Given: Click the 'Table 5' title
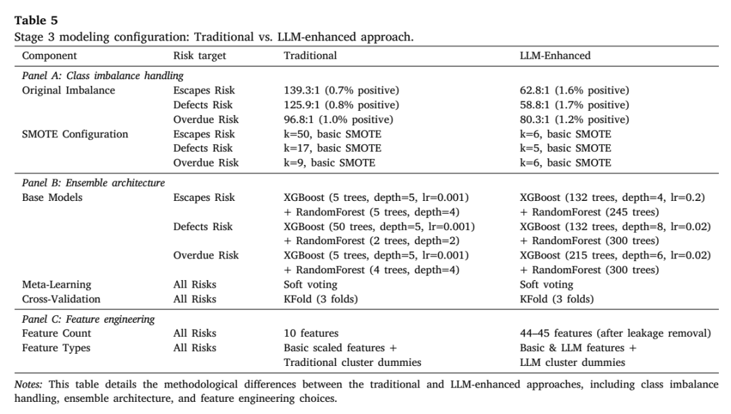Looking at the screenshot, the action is [x=36, y=20].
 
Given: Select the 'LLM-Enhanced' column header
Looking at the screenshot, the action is [x=555, y=55].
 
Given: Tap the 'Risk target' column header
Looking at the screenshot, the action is [x=200, y=56].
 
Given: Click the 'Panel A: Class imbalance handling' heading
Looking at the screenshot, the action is [x=103, y=76].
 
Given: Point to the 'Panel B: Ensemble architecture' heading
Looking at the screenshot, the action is [x=93, y=183].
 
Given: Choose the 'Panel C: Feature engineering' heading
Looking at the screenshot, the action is [x=88, y=319].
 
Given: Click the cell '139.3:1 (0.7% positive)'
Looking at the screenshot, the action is [x=341, y=91].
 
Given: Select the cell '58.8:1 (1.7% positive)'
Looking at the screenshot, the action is [x=575, y=105].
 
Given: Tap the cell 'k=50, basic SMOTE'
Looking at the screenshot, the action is [x=332, y=134].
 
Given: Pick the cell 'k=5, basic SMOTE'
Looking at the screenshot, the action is [x=565, y=148].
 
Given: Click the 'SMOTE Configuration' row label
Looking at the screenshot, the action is [x=75, y=134].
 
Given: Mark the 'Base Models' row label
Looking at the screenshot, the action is [x=52, y=198].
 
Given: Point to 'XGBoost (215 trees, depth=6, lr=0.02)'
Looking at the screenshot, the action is [x=615, y=255].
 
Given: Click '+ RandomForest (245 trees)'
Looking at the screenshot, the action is [x=590, y=212].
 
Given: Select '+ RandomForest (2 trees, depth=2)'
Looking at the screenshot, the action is [x=372, y=241].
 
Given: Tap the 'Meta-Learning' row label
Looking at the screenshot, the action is [x=56, y=285].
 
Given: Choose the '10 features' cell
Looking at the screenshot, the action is [x=311, y=333].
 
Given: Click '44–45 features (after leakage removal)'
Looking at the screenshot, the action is [x=615, y=333].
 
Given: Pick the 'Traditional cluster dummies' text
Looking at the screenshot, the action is [x=353, y=363].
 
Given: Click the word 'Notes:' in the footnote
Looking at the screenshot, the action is [x=28, y=384].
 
